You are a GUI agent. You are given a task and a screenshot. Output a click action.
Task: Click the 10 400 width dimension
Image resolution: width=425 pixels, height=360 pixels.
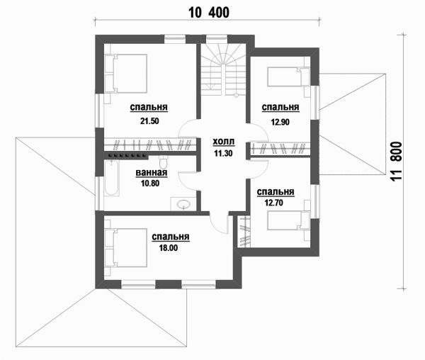(x=209, y=13)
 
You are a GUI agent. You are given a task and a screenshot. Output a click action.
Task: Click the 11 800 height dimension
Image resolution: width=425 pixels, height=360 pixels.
(x=397, y=162)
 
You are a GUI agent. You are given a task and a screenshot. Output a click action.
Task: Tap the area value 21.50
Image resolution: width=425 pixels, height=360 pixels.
(x=149, y=121)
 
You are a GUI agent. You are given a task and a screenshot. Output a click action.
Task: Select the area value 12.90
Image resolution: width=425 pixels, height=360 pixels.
(x=280, y=122)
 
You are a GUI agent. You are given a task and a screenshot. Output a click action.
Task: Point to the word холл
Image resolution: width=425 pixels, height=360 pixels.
(x=224, y=142)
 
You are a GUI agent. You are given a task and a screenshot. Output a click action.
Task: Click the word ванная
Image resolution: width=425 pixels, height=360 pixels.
(x=152, y=173)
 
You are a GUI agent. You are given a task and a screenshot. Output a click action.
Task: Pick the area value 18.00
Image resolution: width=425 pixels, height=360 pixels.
(x=169, y=248)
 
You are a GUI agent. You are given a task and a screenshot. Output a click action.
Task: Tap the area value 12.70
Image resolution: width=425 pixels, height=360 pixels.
(x=273, y=203)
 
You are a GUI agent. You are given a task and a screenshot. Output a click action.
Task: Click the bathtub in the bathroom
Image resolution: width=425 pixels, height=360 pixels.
(x=111, y=178)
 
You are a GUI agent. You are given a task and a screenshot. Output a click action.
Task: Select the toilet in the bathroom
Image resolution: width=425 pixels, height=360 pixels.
(x=164, y=162)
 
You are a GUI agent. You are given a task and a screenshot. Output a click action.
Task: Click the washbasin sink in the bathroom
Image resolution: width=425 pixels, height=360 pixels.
(x=183, y=204)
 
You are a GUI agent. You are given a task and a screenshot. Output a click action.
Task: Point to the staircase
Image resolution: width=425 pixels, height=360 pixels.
(x=223, y=69)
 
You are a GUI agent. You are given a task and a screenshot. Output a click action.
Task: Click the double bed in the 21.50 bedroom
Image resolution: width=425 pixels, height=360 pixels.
(x=126, y=74)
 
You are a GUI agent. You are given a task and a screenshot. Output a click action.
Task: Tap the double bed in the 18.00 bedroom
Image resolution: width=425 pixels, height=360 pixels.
(x=126, y=248)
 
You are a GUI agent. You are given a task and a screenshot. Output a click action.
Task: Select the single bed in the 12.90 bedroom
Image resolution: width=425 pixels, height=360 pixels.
(x=288, y=77)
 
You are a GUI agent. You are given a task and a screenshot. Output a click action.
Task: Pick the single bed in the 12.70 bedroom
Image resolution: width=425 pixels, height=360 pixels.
(x=288, y=220)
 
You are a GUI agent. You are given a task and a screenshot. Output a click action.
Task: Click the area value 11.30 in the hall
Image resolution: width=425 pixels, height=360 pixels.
(x=223, y=154)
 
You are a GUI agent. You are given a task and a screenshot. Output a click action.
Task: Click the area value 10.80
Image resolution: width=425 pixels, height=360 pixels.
(x=150, y=184)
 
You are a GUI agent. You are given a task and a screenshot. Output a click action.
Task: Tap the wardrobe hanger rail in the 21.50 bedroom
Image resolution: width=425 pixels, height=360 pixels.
(x=150, y=145)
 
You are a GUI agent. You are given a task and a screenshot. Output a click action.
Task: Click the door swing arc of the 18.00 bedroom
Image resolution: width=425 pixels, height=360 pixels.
(x=217, y=226)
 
